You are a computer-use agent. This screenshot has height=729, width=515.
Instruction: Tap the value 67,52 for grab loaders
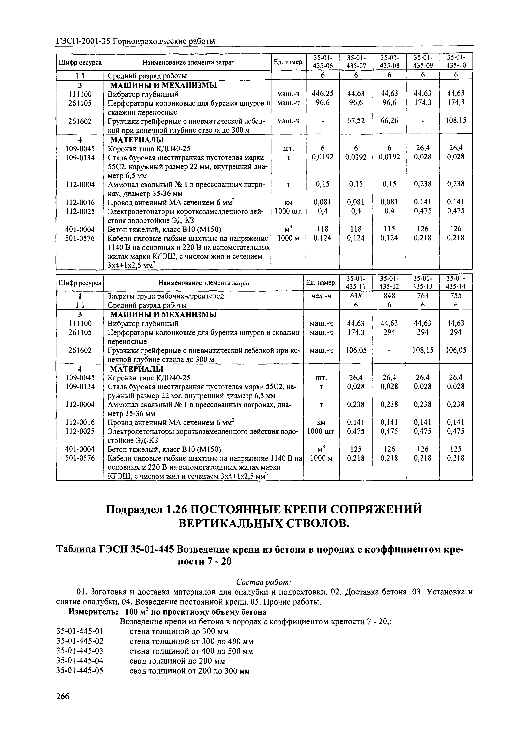[x=356, y=121]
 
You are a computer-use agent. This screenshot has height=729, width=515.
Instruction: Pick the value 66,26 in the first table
[x=389, y=121]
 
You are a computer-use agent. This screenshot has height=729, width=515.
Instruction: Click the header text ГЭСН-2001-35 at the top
[x=84, y=41]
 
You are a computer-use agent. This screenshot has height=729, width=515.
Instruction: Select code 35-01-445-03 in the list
[x=80, y=651]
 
